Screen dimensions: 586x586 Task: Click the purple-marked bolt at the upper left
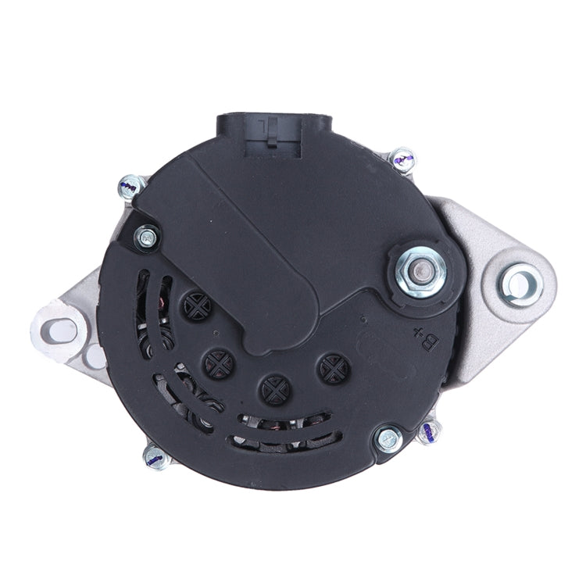[130, 186]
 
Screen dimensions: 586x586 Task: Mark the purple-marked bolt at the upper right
[404, 160]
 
